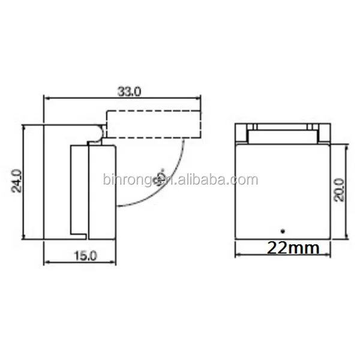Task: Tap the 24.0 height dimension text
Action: pos(17,181)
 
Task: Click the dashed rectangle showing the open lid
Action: pos(152,124)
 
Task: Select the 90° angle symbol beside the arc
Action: pos(160,176)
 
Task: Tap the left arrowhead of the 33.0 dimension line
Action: pos(48,97)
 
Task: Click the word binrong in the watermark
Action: pos(124,179)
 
